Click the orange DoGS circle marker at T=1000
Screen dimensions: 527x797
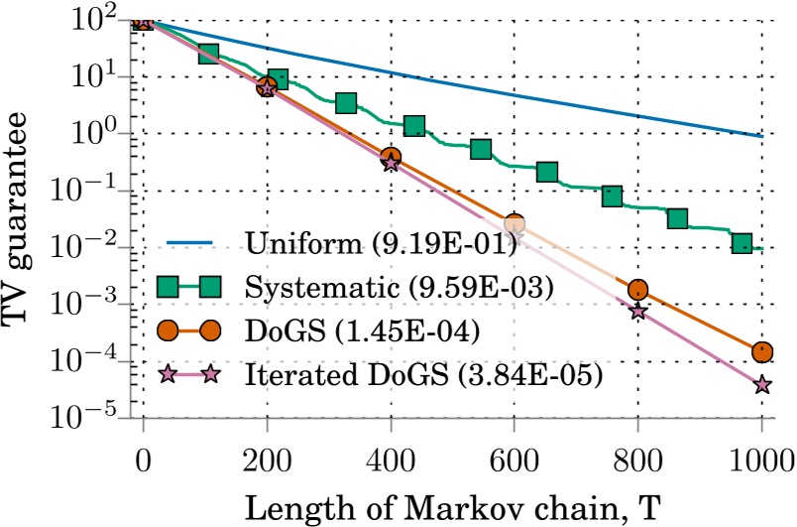(x=761, y=351)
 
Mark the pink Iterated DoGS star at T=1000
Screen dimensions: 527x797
(x=761, y=384)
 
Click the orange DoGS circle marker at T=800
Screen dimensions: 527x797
(x=637, y=289)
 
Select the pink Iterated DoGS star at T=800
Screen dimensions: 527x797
(x=637, y=311)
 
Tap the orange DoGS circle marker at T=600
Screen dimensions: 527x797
(x=513, y=224)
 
